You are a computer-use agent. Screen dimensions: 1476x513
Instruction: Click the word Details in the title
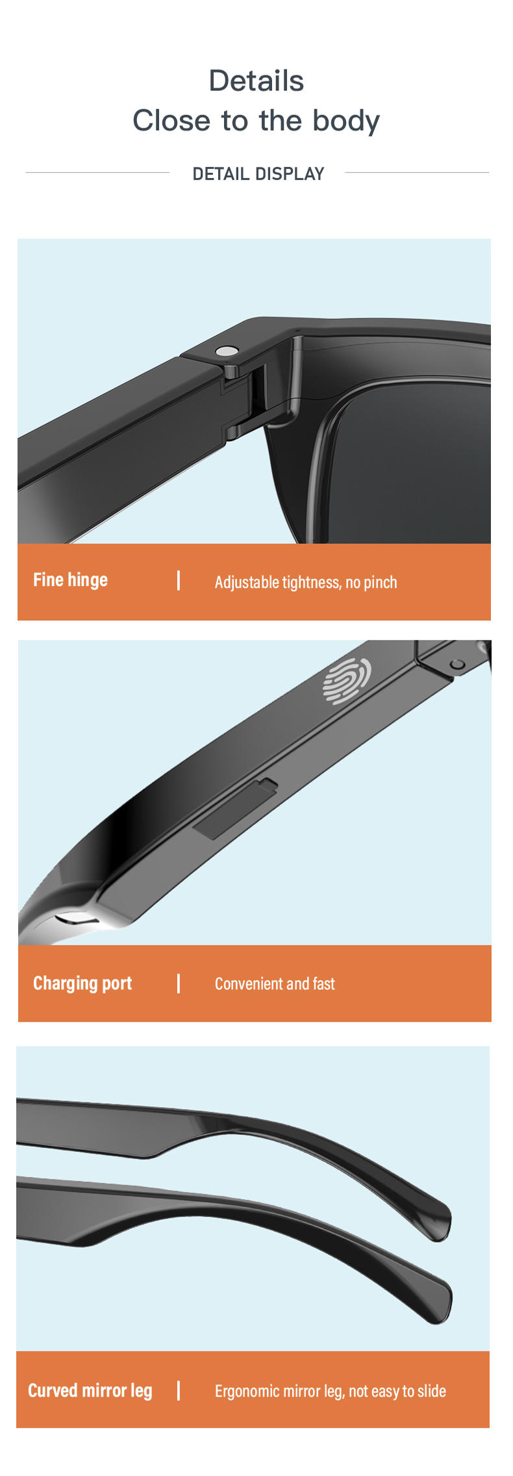(x=256, y=81)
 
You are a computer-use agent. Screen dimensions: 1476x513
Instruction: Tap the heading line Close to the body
(x=256, y=121)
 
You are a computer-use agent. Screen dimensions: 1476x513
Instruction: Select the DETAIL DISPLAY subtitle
(x=258, y=174)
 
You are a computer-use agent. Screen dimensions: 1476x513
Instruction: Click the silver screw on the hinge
(x=226, y=351)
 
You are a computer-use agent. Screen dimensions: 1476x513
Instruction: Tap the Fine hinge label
(x=70, y=580)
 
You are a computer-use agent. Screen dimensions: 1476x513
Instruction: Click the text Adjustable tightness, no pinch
(x=306, y=582)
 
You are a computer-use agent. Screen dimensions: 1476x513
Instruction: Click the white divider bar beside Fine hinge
(x=179, y=580)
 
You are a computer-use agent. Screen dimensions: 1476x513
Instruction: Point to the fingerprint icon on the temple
(x=347, y=681)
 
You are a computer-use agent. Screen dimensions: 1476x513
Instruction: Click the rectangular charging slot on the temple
(x=235, y=809)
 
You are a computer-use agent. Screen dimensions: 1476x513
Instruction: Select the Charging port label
(x=82, y=984)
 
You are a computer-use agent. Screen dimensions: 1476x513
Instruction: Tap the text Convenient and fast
(x=275, y=984)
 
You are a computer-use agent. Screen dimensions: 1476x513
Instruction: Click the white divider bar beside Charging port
(x=179, y=984)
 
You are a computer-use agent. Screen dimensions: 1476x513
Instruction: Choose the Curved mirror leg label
(x=90, y=1390)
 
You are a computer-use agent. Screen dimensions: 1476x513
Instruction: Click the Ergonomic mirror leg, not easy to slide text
(x=330, y=1391)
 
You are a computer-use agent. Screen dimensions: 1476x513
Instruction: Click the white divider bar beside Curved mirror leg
(x=179, y=1390)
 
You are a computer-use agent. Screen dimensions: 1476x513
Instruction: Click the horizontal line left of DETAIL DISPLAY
(x=97, y=173)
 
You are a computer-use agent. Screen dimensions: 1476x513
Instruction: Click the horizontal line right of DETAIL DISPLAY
(x=417, y=173)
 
